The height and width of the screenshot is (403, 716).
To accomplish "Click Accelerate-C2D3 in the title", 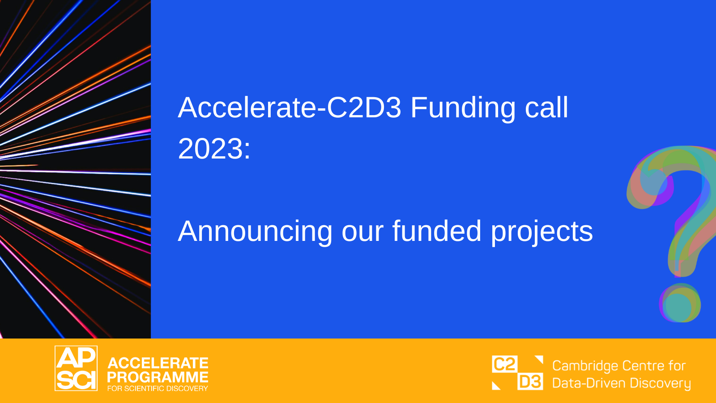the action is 290,107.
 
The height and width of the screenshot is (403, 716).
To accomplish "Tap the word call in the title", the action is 546,107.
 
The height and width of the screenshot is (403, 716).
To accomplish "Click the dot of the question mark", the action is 680,303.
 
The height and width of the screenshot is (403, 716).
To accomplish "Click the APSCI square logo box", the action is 76,368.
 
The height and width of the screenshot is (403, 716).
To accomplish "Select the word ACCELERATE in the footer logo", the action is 158,363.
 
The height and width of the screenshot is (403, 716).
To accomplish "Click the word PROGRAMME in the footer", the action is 158,377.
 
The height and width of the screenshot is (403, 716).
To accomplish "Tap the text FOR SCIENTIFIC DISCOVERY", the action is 158,389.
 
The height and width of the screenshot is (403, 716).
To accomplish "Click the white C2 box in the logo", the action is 504,364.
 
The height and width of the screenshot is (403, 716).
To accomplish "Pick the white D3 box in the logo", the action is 530,381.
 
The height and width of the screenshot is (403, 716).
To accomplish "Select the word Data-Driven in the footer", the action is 589,383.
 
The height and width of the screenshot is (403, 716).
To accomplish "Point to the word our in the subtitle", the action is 362,233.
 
